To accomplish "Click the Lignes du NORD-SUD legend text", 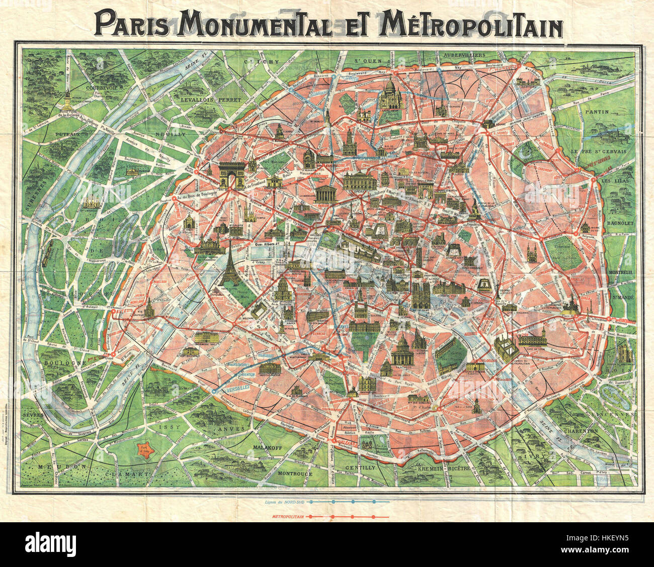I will coord(284,502).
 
